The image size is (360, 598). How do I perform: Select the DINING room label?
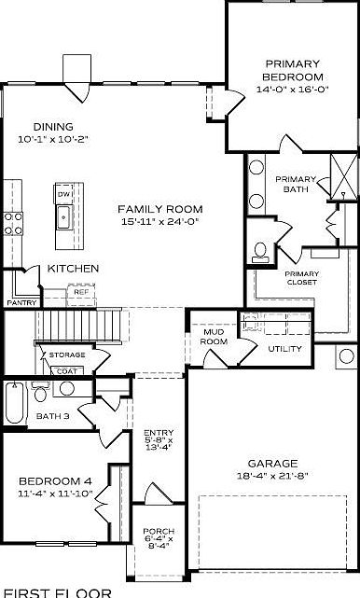coord(52,127)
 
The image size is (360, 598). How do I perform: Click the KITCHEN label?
coord(73,269)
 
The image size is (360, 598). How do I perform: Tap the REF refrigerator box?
coord(81,293)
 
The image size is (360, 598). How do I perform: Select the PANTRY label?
coord(21,303)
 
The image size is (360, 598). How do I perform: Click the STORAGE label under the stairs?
coord(67,355)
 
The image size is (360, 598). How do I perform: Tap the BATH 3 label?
coord(52,416)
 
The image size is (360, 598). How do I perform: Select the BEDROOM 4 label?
coord(55,481)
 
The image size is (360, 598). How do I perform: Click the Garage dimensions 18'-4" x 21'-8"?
coord(272,476)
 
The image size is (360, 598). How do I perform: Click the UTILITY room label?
coord(284,348)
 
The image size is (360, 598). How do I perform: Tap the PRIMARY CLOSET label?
coord(300,278)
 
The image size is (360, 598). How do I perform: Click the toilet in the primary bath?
coord(260,250)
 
